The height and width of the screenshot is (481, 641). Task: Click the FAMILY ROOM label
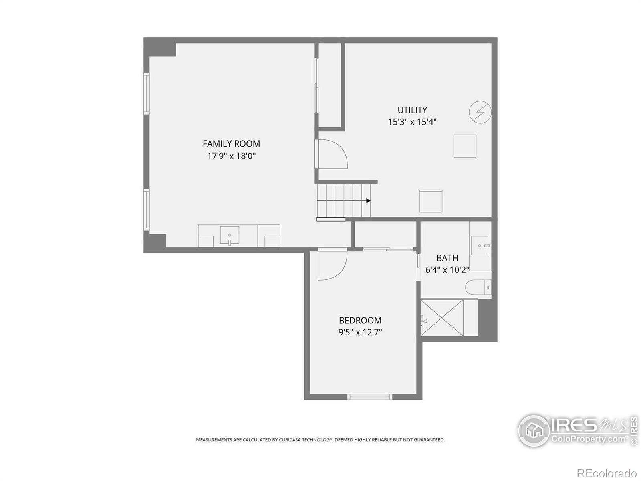tap(231, 143)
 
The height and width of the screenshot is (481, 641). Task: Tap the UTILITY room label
tap(412, 110)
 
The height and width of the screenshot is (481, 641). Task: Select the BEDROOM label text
tap(360, 320)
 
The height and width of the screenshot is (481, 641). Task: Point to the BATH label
tap(447, 258)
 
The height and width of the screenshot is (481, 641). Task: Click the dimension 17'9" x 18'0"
tap(231, 156)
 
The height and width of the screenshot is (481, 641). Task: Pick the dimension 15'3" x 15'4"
tap(412, 122)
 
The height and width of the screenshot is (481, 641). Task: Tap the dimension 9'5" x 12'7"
tap(360, 332)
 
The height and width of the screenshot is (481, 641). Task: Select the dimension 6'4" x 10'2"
tap(447, 270)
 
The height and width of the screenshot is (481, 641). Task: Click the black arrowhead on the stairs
tap(368, 201)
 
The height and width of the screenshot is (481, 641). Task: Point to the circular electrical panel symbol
tap(480, 112)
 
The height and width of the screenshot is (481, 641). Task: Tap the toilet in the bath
tap(478, 288)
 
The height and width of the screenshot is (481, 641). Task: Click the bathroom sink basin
tap(479, 245)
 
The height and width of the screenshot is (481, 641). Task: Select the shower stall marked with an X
tap(442, 317)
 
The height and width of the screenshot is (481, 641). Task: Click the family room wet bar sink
tap(230, 235)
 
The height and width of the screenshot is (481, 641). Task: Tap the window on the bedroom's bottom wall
tap(369, 396)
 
